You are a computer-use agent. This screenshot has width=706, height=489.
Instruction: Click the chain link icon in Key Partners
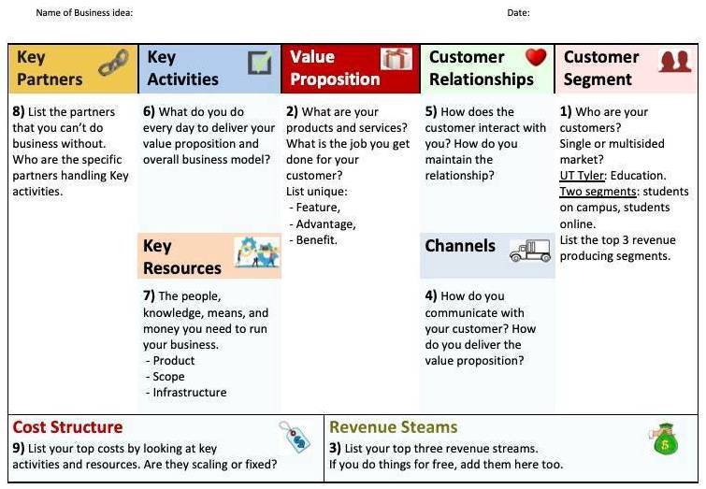[113, 63]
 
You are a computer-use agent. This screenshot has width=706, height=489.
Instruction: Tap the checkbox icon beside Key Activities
[260, 63]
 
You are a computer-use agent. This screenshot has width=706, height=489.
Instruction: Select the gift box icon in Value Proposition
[396, 59]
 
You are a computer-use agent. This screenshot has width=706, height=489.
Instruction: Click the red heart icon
[536, 57]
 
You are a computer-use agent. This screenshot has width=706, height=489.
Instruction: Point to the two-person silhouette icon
[674, 61]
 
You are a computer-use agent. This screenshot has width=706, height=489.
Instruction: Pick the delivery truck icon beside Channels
[530, 251]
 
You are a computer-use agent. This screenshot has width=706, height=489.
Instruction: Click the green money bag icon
[664, 439]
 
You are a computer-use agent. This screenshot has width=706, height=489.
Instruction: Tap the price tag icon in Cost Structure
[295, 437]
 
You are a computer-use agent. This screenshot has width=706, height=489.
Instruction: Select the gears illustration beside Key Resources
[256, 252]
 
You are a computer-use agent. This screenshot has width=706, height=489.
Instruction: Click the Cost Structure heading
[67, 427]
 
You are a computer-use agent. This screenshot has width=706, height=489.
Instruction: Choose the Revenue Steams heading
[393, 427]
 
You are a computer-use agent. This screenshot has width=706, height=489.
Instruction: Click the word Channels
[460, 246]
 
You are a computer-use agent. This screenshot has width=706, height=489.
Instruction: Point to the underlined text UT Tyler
[583, 176]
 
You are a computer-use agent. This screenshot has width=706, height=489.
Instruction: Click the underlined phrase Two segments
[598, 192]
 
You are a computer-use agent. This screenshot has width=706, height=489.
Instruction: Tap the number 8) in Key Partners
[19, 111]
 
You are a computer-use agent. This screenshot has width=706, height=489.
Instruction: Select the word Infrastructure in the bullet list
[190, 392]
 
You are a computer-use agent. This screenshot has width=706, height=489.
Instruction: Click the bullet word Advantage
[325, 224]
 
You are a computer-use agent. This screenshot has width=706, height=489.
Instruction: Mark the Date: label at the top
[518, 12]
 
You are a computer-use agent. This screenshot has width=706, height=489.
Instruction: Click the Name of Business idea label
[84, 12]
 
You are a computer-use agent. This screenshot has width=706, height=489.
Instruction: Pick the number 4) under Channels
[431, 295]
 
